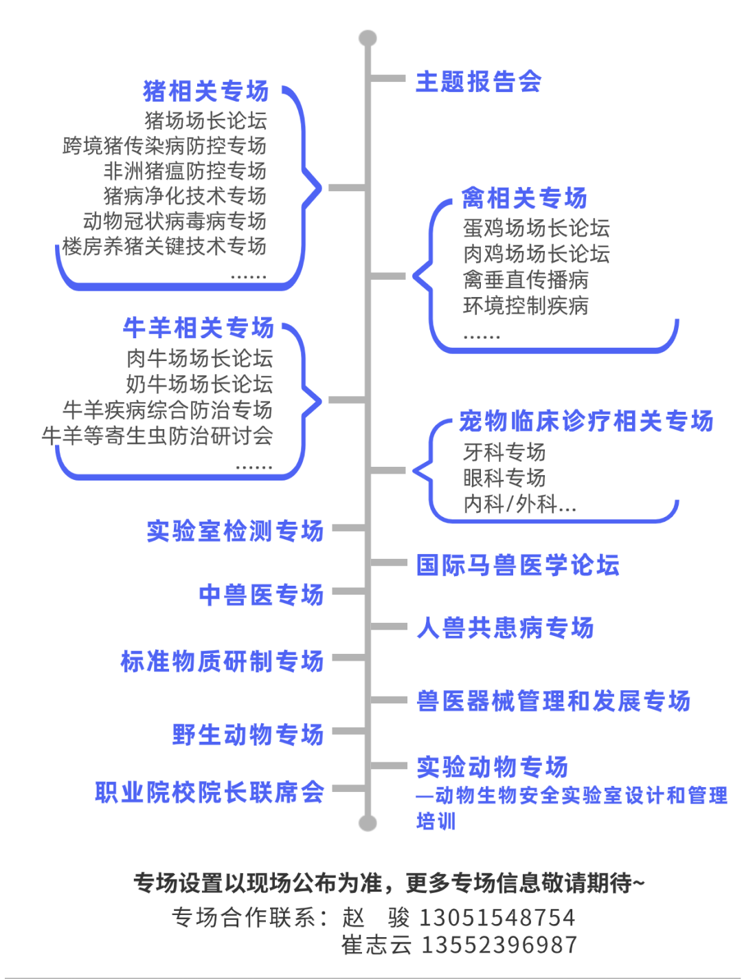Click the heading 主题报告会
point(478,82)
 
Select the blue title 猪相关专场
point(206,91)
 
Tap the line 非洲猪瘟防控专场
point(185,170)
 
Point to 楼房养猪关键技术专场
point(164,246)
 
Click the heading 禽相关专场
point(524,198)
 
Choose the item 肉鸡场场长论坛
point(536,254)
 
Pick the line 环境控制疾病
point(526,305)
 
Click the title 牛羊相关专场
point(199,328)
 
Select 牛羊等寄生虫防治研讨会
point(157,435)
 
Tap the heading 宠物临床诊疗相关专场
point(586,421)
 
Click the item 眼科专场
point(504,478)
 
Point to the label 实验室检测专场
point(235,531)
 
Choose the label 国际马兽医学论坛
point(517,565)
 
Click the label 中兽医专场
point(261,595)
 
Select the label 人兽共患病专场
point(505,628)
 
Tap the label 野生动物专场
point(248,734)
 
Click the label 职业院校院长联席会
point(210,792)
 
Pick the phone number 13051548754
point(497,917)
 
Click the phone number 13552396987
point(499,945)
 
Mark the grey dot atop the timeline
point(368,38)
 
